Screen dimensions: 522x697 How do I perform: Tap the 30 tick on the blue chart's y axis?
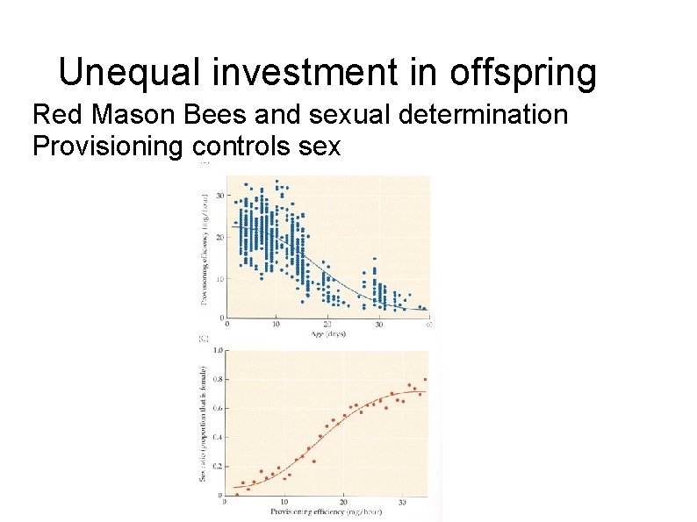click(219, 195)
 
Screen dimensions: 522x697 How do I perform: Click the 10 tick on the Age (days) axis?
click(277, 325)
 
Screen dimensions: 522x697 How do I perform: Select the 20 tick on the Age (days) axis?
click(327, 325)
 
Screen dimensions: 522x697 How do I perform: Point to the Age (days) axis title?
click(327, 334)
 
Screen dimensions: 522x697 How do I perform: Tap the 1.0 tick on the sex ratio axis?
click(217, 349)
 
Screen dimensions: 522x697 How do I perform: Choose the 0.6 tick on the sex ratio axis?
click(217, 408)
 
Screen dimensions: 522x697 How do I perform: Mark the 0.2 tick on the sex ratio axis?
click(217, 466)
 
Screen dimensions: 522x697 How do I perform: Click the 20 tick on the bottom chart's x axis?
click(342, 503)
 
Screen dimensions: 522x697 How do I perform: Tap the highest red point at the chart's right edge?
click(426, 379)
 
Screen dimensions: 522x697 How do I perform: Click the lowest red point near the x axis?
click(236, 494)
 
